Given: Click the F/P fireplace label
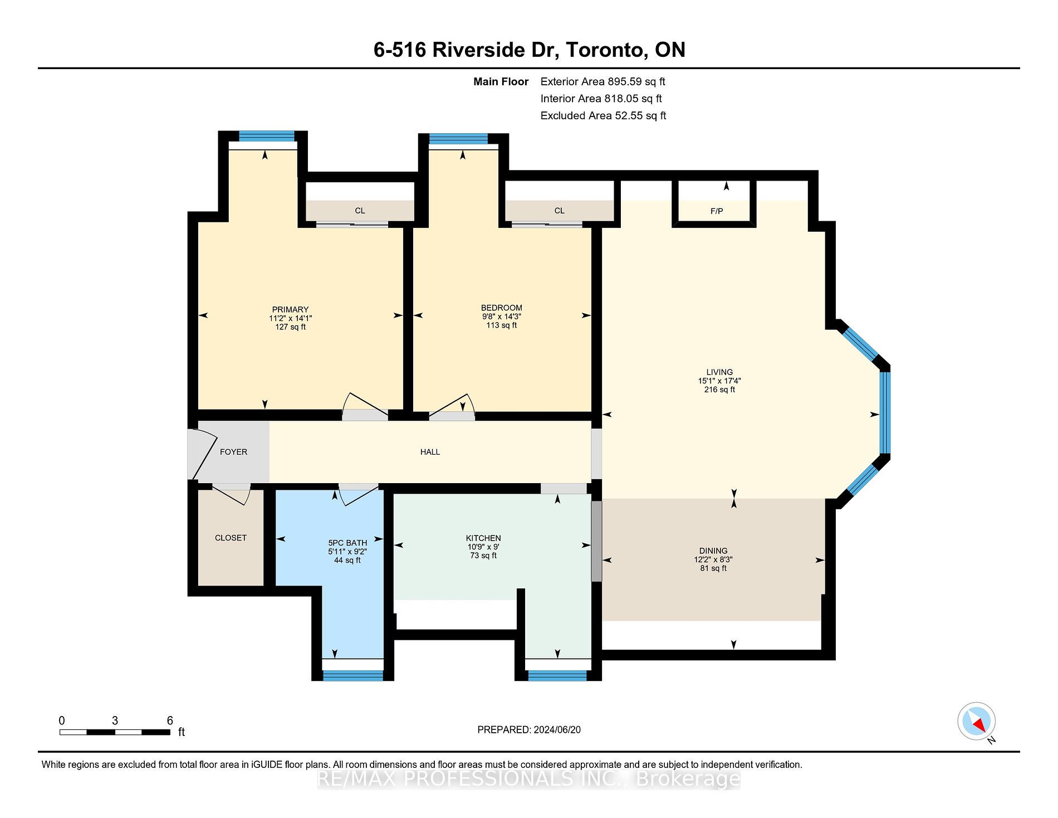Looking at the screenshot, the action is pos(717,211).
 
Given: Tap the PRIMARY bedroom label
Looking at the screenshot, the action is pos(290,310).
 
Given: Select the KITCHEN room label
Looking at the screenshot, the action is pos(483,538).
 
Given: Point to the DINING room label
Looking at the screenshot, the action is pos(713,551).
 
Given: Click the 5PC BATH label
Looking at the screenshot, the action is pos(347,543).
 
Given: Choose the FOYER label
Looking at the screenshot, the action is pos(233,452).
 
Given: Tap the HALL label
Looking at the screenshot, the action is pos(430,452).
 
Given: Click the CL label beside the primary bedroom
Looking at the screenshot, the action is pos(360,211).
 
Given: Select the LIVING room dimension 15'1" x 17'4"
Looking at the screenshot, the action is pos(719,381).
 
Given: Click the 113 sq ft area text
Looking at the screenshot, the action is pos(501,325).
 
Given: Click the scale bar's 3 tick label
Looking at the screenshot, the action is pos(115,720).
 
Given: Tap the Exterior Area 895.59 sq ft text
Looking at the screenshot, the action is pos(603,81).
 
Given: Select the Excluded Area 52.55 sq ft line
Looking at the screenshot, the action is pos(603,115).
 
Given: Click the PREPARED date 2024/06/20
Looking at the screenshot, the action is pos(557,730).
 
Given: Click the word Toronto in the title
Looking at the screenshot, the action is pos(604,50).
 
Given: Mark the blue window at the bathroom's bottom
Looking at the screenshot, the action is pos(353,675).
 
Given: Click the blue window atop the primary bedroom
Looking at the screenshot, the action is pos(267,136).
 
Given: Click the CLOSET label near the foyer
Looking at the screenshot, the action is pos(231,538).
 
